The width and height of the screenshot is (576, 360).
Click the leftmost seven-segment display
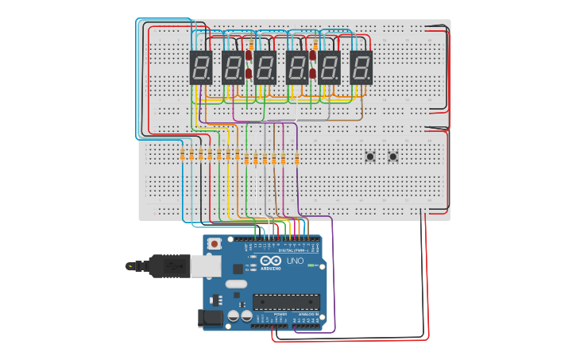pos(200,68)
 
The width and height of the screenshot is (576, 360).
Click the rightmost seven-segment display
pos(361,68)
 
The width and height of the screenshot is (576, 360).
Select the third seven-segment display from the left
pos(265,68)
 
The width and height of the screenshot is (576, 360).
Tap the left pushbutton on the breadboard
pos(370,156)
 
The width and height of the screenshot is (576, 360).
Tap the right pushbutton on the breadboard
pos(392,156)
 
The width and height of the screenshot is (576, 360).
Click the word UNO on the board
pos(295,261)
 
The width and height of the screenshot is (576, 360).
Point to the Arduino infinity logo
pos(271,261)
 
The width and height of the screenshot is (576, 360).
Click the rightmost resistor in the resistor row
pos(296,157)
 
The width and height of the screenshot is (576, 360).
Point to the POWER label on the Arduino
pos(280,315)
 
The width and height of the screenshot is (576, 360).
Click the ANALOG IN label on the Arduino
pos(308,315)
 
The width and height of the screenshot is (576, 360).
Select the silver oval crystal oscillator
pos(237,284)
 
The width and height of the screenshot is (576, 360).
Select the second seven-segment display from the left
pos(233,68)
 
